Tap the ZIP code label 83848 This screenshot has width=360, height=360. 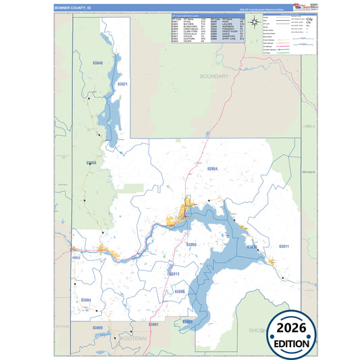pos(98,63)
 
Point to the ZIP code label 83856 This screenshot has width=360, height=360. pos(92,163)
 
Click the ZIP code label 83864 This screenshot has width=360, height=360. pos(212,169)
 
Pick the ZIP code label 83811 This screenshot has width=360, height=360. pos(284,247)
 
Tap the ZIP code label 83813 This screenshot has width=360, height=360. pos(174,274)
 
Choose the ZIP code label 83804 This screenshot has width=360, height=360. pos(86,299)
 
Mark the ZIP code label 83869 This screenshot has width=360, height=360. pos(97,328)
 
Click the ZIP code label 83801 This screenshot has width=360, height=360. pos(153,325)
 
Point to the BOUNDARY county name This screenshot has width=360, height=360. pos(215,77)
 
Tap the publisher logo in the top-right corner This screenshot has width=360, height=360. pos(301,7)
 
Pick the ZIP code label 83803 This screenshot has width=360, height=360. pos(187,322)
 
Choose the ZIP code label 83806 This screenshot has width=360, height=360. pos(179,291)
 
